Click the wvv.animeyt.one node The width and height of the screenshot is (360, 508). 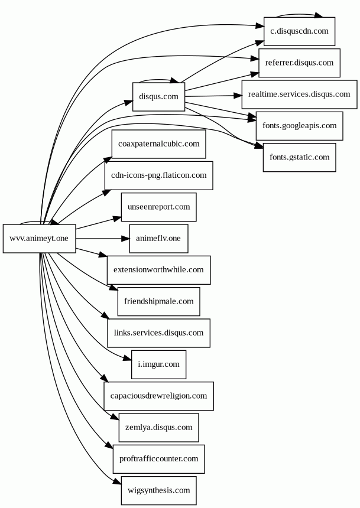click(x=39, y=239)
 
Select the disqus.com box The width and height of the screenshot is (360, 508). click(x=158, y=96)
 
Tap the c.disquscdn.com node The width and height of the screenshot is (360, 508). click(x=299, y=31)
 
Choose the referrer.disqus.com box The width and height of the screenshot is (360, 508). click(x=299, y=63)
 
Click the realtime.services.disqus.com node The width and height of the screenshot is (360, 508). click(x=299, y=95)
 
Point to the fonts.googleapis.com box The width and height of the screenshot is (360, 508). click(x=299, y=126)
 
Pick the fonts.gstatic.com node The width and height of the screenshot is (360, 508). click(x=299, y=157)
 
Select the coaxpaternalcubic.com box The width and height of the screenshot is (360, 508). click(x=158, y=144)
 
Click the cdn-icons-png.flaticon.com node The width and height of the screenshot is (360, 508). click(x=158, y=175)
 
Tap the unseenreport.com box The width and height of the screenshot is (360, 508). click(x=158, y=207)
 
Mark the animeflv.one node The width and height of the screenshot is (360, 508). click(x=158, y=239)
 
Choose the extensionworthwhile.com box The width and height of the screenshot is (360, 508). click(x=158, y=270)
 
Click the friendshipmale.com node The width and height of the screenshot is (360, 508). click(x=158, y=301)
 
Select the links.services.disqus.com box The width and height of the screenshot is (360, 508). click(x=158, y=333)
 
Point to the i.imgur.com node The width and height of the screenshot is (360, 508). click(x=158, y=364)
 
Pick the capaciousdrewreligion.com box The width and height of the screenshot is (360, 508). click(x=158, y=396)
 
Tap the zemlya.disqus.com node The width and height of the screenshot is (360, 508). click(x=158, y=427)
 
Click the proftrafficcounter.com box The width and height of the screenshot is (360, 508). click(x=158, y=459)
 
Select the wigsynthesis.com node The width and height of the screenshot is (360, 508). click(x=158, y=490)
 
